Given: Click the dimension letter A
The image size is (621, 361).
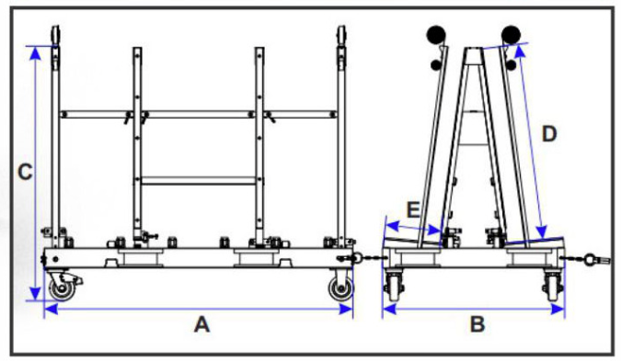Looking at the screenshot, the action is (x=201, y=324).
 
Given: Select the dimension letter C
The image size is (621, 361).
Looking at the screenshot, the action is (x=27, y=171).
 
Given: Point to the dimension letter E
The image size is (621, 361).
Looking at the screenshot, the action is (x=413, y=209).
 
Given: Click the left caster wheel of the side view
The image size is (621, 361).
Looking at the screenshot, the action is (x=63, y=289).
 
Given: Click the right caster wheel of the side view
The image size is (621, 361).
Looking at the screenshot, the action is (x=340, y=289).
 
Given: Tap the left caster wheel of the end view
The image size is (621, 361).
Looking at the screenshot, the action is (x=397, y=288).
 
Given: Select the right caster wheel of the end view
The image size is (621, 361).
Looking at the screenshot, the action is (x=552, y=288).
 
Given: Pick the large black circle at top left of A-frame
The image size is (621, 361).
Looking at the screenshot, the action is (x=436, y=34).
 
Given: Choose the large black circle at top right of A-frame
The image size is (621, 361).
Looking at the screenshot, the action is (x=512, y=34).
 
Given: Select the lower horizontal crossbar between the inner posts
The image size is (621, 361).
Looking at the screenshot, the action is (x=197, y=179).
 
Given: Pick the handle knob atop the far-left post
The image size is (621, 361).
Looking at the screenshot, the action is (x=56, y=33).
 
